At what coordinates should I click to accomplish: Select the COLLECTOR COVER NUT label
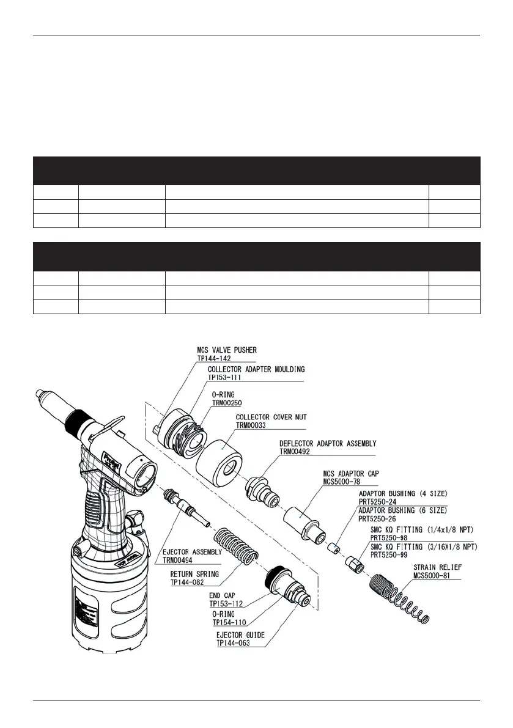pos(271,417)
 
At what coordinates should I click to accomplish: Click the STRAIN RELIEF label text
pos(438,567)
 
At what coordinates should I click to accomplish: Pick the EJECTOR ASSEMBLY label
pos(192,551)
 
